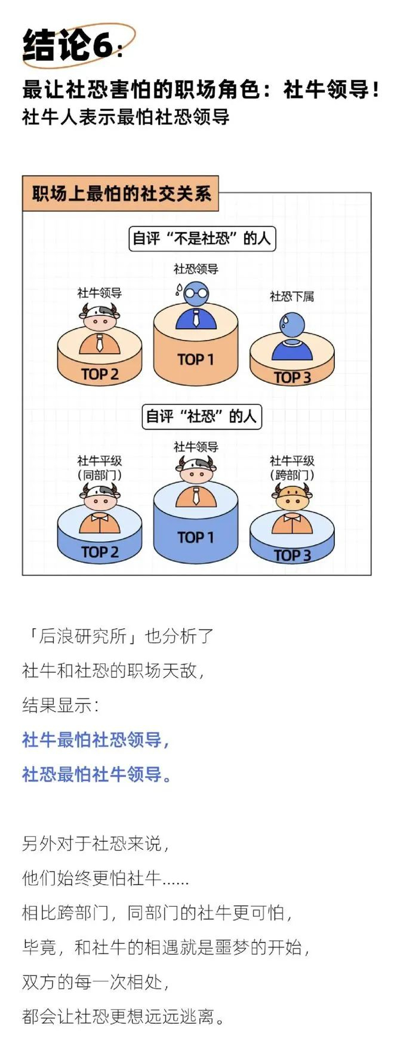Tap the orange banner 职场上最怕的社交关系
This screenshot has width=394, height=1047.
(x=121, y=194)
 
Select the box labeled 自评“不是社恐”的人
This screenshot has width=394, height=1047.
(x=202, y=239)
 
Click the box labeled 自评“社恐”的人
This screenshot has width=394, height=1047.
(x=202, y=416)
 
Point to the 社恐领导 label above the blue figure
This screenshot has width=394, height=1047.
(x=196, y=269)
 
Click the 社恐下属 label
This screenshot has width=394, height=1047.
(x=291, y=296)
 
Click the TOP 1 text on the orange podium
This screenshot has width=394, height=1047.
(x=195, y=359)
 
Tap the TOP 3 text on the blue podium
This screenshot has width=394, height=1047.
(x=292, y=555)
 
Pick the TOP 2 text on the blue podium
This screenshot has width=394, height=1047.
(x=100, y=552)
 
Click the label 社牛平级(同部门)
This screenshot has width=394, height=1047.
(x=100, y=468)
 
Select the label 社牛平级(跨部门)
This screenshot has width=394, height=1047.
(x=292, y=468)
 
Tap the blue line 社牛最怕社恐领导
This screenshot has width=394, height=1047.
(x=96, y=740)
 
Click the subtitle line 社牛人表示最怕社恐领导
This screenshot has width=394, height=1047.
(x=125, y=116)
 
